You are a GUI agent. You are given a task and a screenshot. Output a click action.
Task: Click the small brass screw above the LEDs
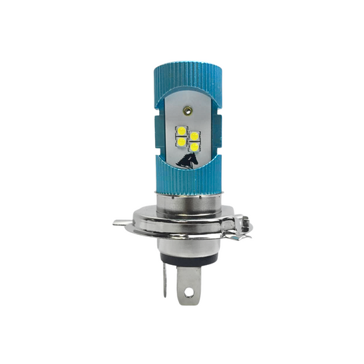point(188,109)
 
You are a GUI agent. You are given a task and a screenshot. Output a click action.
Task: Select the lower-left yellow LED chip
point(181,141)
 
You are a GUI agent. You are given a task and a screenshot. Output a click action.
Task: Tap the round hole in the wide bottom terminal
point(188,295)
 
